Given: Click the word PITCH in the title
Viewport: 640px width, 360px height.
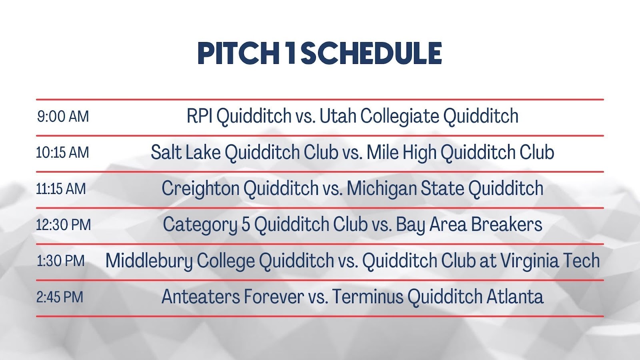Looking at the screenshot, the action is click(x=238, y=54).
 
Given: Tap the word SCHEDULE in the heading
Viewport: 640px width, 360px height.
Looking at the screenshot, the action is click(x=371, y=54).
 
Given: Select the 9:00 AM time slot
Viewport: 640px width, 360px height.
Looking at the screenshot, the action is click(x=63, y=116).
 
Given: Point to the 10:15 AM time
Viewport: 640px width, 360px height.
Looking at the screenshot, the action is click(x=62, y=152).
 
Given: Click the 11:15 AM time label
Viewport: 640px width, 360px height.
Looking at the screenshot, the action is click(x=61, y=189).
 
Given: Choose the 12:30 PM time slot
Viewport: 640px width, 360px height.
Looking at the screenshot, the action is click(x=64, y=225).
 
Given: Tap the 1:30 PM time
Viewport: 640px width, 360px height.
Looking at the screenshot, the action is click(x=61, y=261).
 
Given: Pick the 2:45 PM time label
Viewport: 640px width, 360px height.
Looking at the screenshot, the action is click(x=60, y=297).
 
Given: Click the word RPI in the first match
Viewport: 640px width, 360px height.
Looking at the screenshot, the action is click(x=200, y=116).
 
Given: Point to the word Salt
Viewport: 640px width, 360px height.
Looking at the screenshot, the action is click(x=166, y=152).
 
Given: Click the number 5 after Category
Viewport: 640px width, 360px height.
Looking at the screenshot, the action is click(x=246, y=224).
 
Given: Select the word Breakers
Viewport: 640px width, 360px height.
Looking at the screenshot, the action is click(x=506, y=224).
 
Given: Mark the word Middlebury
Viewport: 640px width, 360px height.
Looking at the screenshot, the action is click(x=149, y=261).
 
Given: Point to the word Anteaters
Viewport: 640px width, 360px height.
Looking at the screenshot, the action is click(x=200, y=296).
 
